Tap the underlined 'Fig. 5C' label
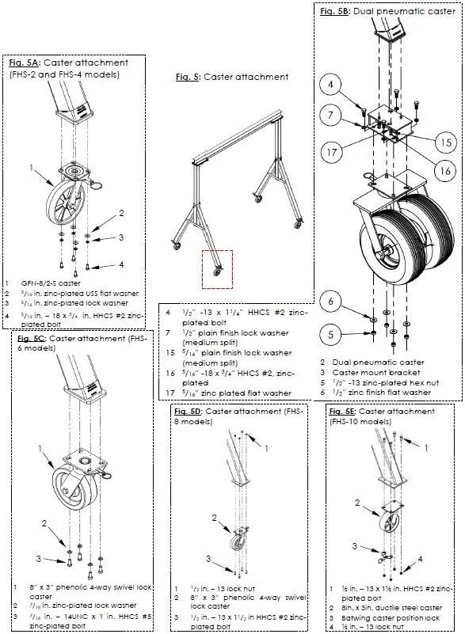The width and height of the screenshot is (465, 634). tap(31, 339)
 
